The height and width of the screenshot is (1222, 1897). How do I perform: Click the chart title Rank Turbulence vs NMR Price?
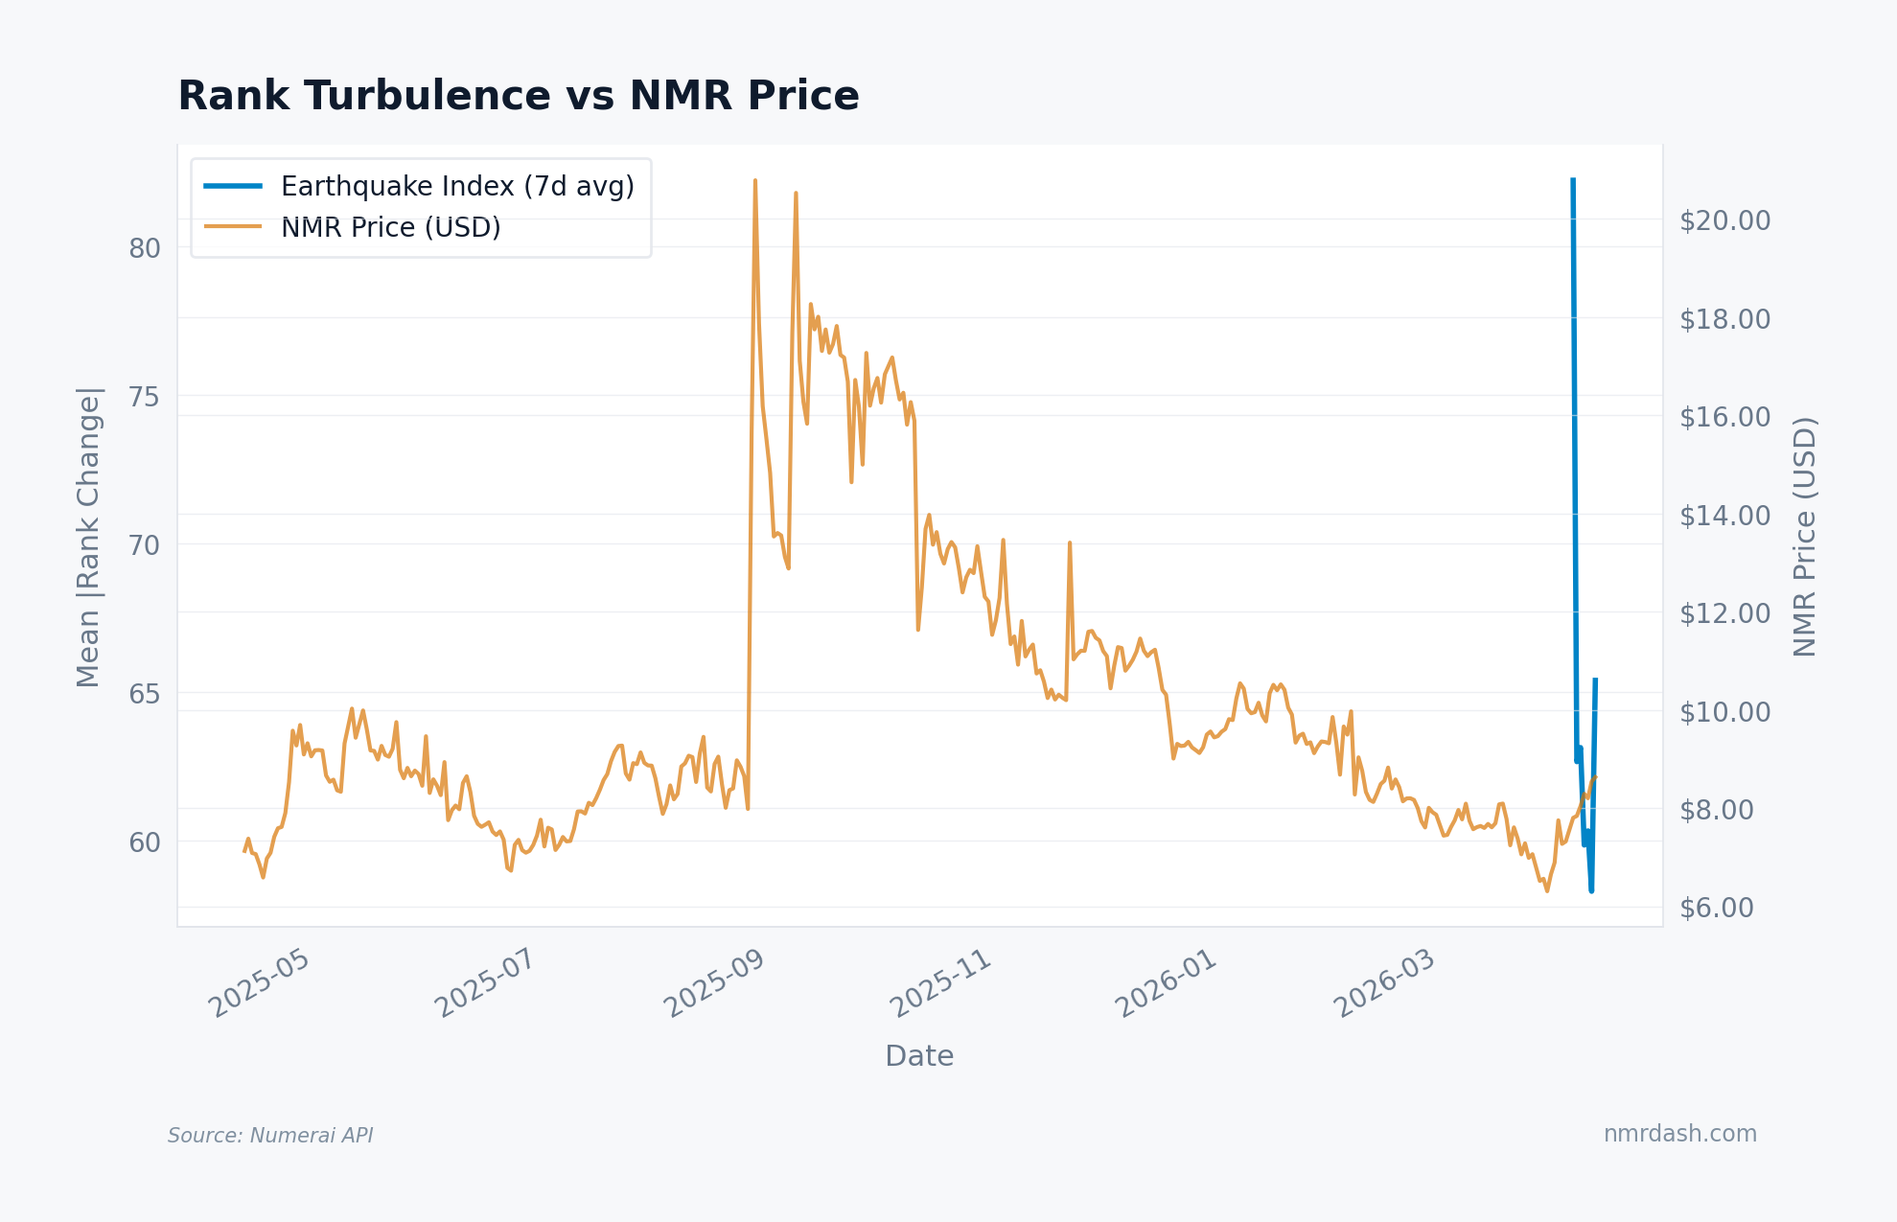(x=519, y=96)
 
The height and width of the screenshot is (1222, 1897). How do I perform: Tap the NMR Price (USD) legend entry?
(x=390, y=228)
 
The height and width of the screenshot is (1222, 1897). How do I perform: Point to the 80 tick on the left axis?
(x=145, y=248)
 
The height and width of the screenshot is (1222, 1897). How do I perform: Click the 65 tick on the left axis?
(x=145, y=693)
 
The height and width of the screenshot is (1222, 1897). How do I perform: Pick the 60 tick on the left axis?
(x=145, y=842)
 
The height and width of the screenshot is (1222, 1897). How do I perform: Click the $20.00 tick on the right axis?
(x=1724, y=220)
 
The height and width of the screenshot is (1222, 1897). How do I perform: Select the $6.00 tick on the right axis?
(x=1716, y=908)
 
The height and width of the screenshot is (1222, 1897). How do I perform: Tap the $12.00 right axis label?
(x=1724, y=612)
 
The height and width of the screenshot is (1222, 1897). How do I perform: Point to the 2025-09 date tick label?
(x=714, y=983)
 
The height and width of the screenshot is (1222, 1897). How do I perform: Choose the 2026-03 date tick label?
(x=1384, y=983)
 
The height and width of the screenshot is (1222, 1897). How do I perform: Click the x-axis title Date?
(x=919, y=1056)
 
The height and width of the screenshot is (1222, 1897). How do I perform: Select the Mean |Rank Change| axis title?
(x=88, y=537)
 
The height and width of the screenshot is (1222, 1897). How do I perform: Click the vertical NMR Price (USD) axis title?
(x=1805, y=537)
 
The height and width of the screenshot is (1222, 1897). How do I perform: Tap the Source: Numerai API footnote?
(x=270, y=1136)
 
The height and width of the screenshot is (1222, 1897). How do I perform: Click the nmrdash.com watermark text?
(x=1679, y=1134)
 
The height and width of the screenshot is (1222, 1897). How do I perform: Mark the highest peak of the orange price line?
(x=755, y=180)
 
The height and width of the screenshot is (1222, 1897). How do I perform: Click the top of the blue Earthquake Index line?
(x=1573, y=179)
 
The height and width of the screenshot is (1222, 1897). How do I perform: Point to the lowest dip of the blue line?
(x=1591, y=890)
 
